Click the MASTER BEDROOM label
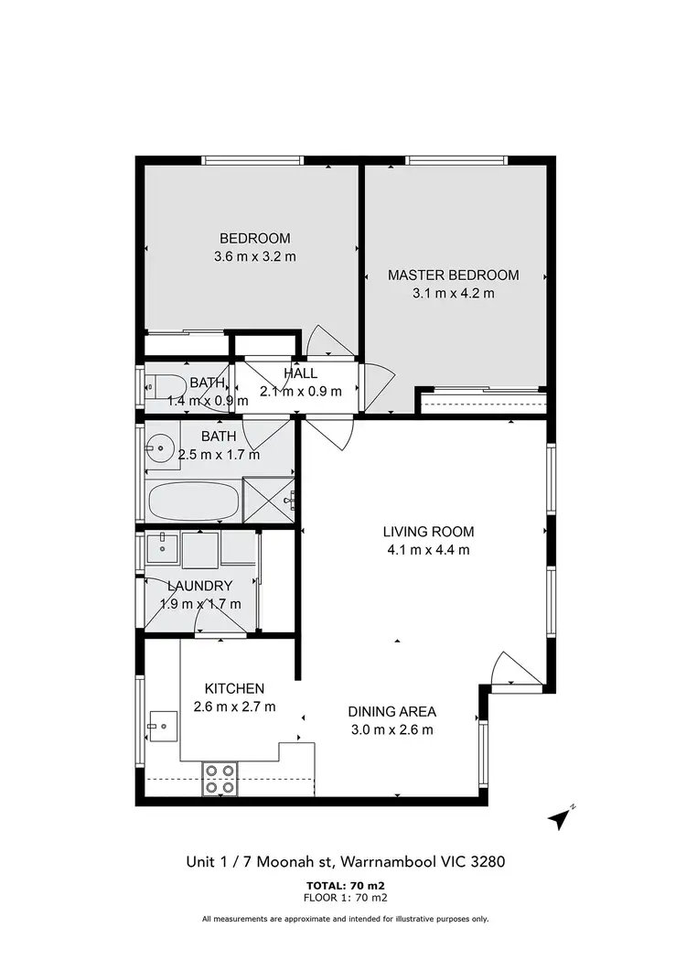click(x=453, y=275)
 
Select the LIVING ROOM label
click(x=428, y=531)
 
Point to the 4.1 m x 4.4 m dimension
click(x=428, y=550)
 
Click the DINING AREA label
click(x=391, y=711)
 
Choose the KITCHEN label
click(x=234, y=688)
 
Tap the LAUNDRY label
click(x=199, y=585)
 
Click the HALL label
click(x=300, y=373)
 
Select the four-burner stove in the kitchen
click(x=220, y=778)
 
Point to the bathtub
click(x=193, y=502)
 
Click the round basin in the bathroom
click(x=163, y=448)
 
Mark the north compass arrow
click(x=560, y=819)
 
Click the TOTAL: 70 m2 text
click(x=344, y=885)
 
